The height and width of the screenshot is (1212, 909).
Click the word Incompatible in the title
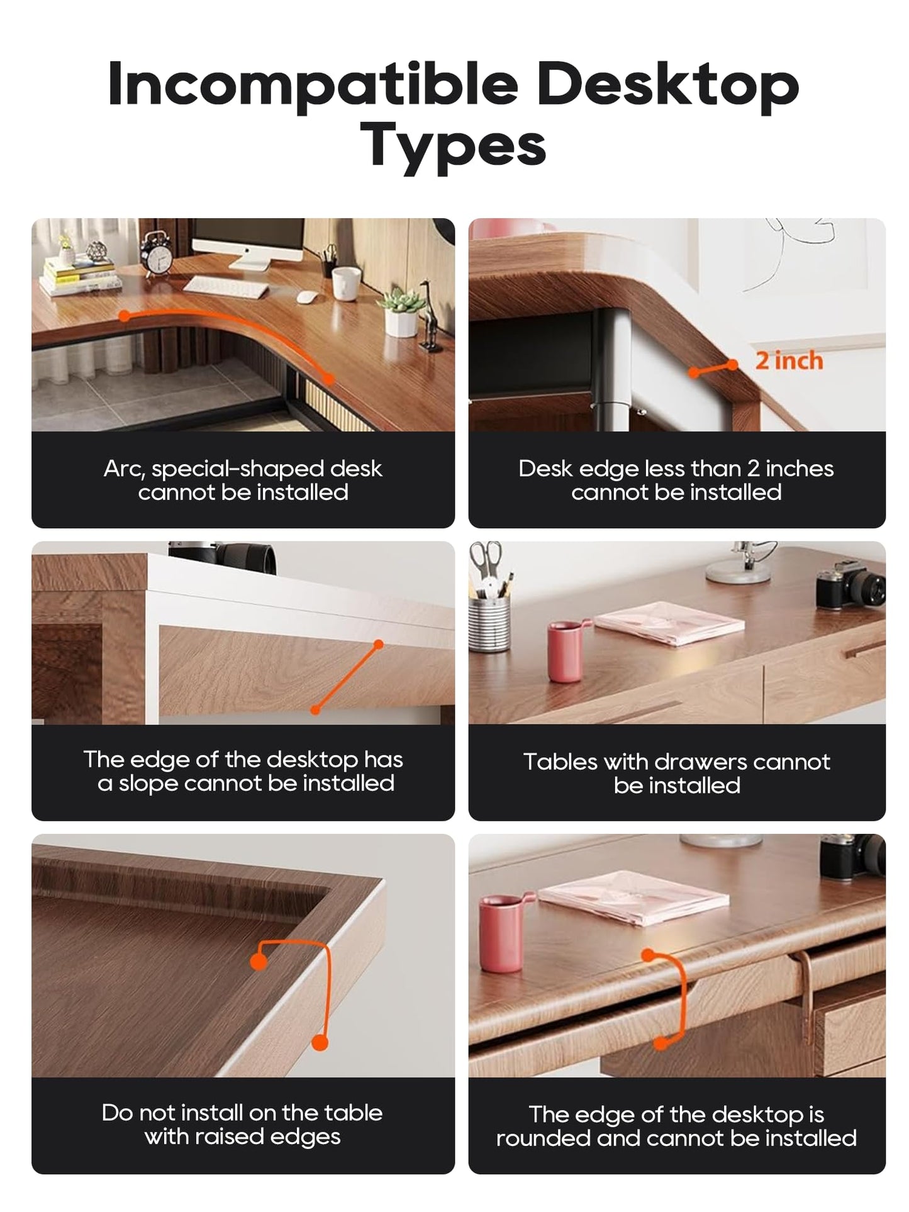313,85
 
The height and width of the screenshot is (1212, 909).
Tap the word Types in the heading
453,146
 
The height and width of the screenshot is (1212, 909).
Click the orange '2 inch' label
789,360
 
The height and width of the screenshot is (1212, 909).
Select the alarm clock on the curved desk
157,252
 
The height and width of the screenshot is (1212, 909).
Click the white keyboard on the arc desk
225,287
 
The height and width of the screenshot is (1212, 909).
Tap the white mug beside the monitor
347,282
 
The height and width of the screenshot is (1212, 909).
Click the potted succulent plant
401,312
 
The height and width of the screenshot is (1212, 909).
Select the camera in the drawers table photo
850,584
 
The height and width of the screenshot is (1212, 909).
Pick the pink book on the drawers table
669,623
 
